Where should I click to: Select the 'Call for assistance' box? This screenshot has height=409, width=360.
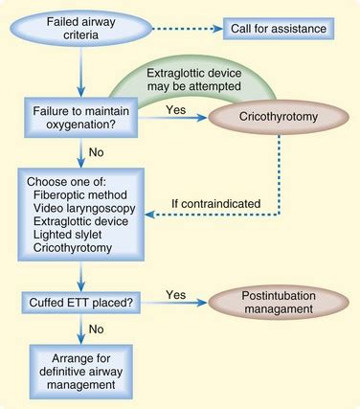(x=280, y=28)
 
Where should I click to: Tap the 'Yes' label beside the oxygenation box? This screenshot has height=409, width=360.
(x=174, y=109)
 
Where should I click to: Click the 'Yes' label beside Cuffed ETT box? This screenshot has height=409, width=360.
(x=176, y=293)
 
